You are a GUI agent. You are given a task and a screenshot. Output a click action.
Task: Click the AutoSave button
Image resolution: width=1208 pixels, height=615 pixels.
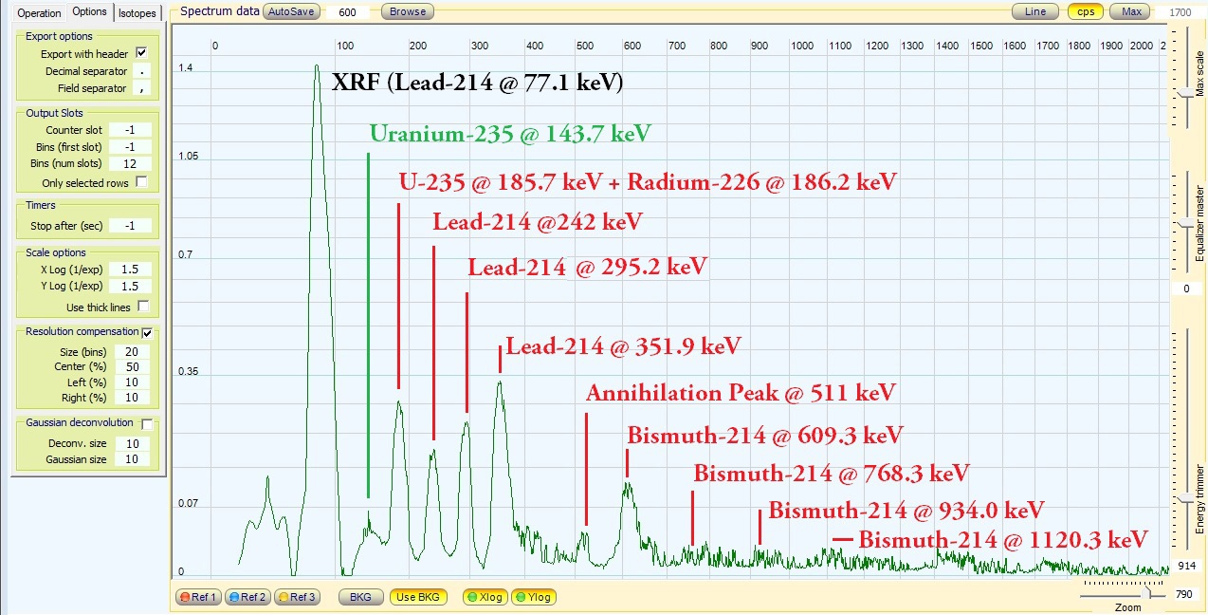(290, 11)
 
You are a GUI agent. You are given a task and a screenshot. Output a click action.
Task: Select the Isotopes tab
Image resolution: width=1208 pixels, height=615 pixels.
(137, 12)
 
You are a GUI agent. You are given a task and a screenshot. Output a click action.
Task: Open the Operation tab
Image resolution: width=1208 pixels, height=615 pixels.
(39, 12)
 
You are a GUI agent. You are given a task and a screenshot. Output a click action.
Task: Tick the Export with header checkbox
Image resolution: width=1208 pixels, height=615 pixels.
(142, 54)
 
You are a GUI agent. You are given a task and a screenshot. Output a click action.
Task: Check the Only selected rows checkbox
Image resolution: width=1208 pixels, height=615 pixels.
(142, 182)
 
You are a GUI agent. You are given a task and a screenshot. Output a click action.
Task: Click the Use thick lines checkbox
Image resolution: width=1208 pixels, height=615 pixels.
(143, 307)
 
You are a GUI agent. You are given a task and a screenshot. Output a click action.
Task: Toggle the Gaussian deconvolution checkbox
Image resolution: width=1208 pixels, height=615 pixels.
(147, 423)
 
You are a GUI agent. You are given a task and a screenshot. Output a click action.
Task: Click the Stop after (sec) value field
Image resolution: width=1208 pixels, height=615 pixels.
(131, 226)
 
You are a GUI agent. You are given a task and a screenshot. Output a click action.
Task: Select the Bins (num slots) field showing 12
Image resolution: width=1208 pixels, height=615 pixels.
(131, 164)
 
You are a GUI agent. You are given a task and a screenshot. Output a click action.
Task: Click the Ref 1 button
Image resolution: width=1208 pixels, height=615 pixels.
(198, 597)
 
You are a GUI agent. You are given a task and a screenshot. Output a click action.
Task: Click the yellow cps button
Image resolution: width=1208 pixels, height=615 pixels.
(1086, 11)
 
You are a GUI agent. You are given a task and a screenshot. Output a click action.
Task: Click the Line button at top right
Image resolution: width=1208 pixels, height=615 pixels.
(1035, 11)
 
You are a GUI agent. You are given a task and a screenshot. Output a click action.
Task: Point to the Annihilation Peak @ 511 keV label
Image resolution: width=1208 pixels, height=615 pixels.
(741, 393)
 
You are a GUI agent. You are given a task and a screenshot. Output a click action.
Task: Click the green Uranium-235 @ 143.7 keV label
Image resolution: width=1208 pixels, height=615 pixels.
(510, 134)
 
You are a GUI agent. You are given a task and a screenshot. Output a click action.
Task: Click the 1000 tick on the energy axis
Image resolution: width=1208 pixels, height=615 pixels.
(802, 46)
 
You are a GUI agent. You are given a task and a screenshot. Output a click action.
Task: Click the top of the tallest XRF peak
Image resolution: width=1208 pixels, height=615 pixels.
(317, 65)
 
